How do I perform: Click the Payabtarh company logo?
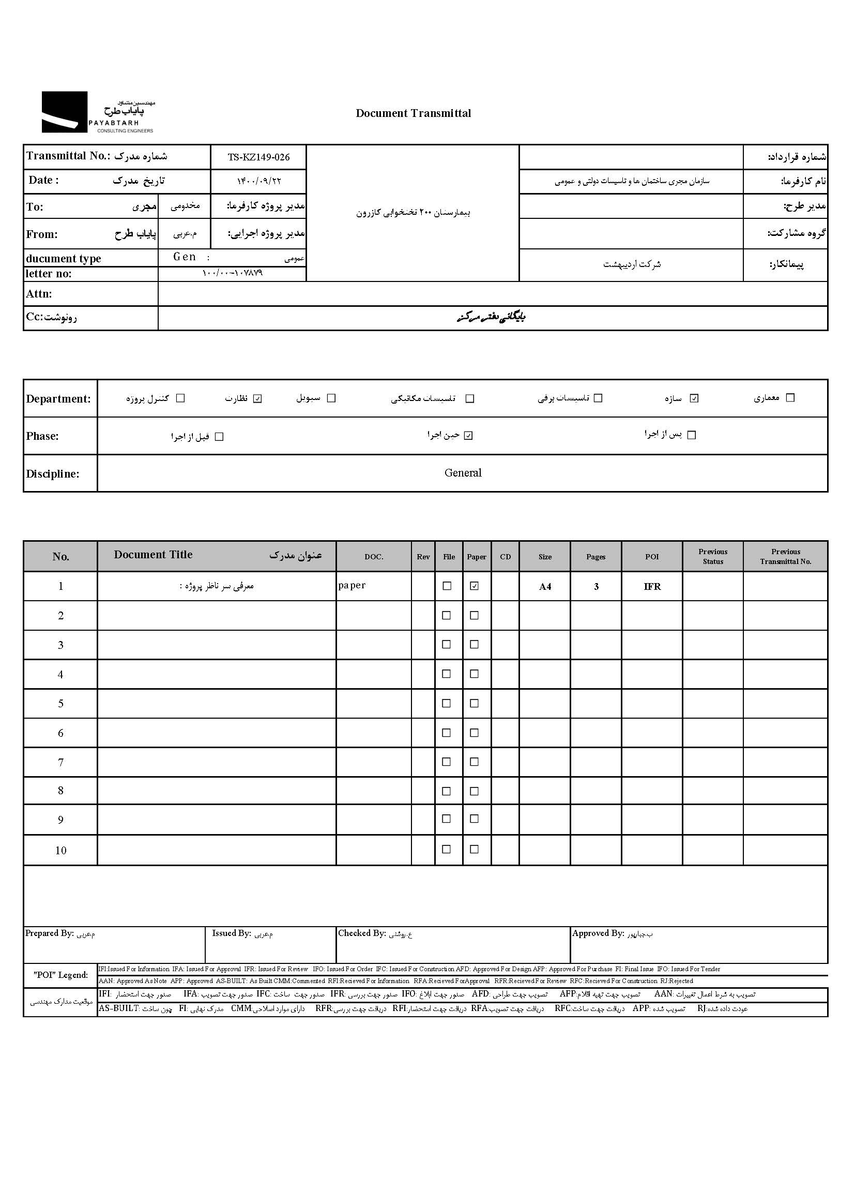point(98,112)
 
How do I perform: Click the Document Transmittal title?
point(414,113)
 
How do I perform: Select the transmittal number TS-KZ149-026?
point(258,157)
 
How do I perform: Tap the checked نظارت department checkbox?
point(257,398)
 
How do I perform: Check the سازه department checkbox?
point(694,398)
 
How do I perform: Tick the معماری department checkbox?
point(790,398)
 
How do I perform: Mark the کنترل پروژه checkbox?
point(180,398)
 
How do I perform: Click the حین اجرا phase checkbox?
point(468,436)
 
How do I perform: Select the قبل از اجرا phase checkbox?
point(220,437)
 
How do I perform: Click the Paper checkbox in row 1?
point(475,586)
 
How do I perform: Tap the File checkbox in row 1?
point(447,586)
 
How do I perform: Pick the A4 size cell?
point(545,587)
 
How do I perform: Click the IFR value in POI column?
point(652,587)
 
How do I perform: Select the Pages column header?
point(596,557)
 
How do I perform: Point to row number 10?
point(60,851)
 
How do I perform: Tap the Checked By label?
point(362,933)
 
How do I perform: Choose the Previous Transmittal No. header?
point(786,556)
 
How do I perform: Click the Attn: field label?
point(39,294)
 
